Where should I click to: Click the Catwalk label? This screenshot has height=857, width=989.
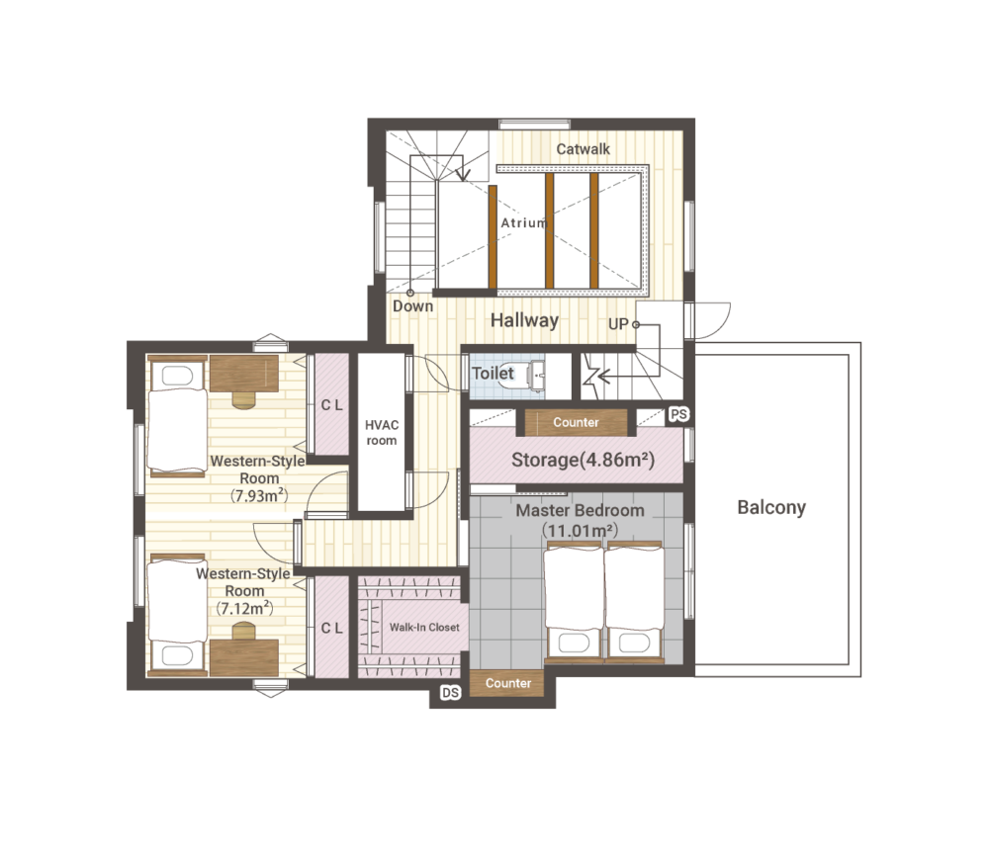[x=583, y=149]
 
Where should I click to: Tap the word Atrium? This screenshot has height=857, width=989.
[x=524, y=222]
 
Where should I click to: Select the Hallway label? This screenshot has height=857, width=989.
[x=525, y=320]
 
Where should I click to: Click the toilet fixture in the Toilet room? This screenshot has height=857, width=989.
[x=537, y=377]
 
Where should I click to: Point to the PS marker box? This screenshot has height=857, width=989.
[x=678, y=414]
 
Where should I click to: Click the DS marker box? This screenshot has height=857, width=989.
[x=450, y=693]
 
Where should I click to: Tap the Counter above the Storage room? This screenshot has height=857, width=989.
[x=576, y=422]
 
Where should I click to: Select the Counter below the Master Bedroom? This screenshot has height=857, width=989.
[x=507, y=683]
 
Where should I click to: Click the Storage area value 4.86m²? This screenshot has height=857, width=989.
[x=617, y=460]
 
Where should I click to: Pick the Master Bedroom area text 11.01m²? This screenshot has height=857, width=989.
[x=580, y=531]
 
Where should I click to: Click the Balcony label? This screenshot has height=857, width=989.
[x=771, y=508]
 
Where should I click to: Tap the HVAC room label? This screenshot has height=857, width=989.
[x=382, y=433]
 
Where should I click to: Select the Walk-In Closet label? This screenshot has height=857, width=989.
[x=424, y=628]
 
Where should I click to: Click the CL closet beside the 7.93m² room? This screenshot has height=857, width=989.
[x=331, y=405]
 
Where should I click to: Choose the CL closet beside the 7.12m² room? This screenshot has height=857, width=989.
[x=331, y=628]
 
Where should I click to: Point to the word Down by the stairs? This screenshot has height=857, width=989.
[x=413, y=306]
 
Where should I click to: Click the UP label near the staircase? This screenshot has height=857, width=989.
[x=618, y=324]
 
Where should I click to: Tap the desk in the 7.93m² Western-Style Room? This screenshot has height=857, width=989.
[x=244, y=374]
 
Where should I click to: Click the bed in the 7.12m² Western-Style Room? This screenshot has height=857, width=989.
[x=177, y=614]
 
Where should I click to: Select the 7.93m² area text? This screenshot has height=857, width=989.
[x=259, y=495]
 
